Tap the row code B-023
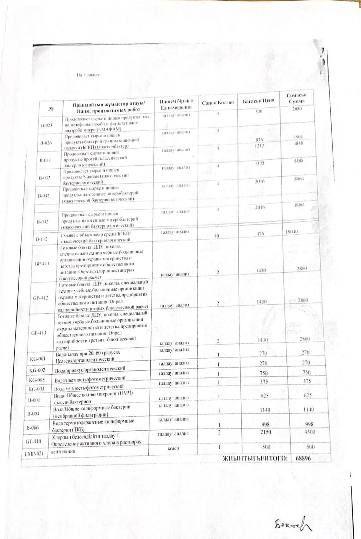(46, 125)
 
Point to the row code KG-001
(37, 359)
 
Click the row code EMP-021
(36, 454)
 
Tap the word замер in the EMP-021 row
(173, 448)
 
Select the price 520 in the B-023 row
(259, 111)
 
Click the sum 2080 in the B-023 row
(296, 109)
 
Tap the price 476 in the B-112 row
(260, 233)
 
